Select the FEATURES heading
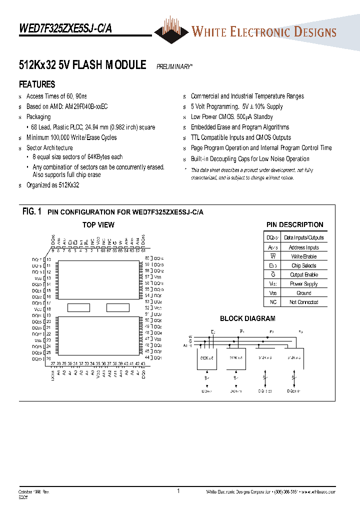click(x=37, y=84)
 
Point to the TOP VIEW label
click(x=98, y=225)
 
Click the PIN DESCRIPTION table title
click(x=294, y=225)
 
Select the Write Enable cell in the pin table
click(x=303, y=256)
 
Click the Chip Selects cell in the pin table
click(x=303, y=265)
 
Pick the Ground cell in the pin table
click(x=303, y=293)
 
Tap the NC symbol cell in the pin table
click(x=273, y=302)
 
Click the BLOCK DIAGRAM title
click(x=247, y=318)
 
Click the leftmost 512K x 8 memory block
click(x=207, y=358)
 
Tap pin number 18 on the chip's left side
click(x=48, y=309)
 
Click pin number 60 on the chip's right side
click(x=147, y=258)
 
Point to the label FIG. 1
click(x=31, y=212)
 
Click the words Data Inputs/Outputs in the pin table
click(x=303, y=238)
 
